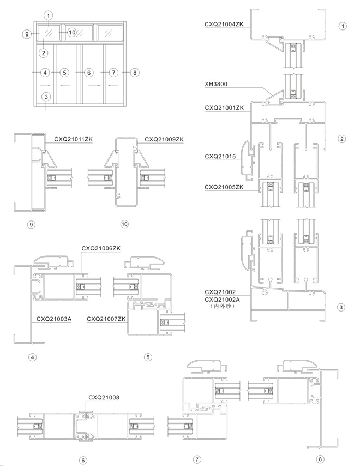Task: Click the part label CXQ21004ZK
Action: pos(224,25)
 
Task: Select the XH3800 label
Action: pos(216,84)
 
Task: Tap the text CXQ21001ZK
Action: pos(224,107)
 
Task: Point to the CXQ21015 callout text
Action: pos(220,156)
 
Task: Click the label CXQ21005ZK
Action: pos(224,187)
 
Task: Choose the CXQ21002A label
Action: pos(222,300)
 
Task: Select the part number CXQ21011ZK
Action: pos(74,139)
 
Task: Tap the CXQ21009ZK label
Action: pos(164,139)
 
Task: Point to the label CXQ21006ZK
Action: pos(101,248)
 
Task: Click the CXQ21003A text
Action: pos(54,319)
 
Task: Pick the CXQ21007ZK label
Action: pos(106,319)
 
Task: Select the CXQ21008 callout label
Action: pos(104,397)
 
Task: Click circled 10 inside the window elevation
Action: pos(72,32)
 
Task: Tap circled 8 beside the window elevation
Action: pos(135,73)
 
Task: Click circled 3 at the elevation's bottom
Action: pos(46,97)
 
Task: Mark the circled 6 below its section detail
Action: pos(83,461)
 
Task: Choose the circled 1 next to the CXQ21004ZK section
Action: pos(343,26)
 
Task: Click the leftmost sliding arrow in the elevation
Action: pos(45,86)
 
